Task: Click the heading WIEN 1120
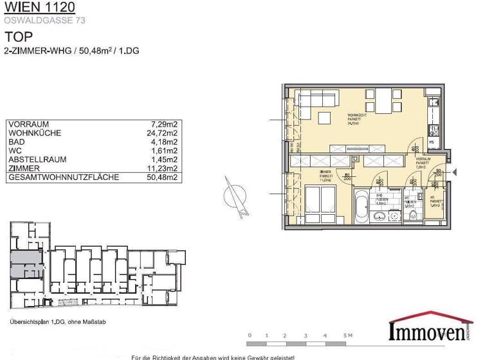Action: (39, 8)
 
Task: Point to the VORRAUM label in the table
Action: (28, 124)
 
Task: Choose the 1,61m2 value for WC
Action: (164, 150)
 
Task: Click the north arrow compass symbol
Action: (236, 194)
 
